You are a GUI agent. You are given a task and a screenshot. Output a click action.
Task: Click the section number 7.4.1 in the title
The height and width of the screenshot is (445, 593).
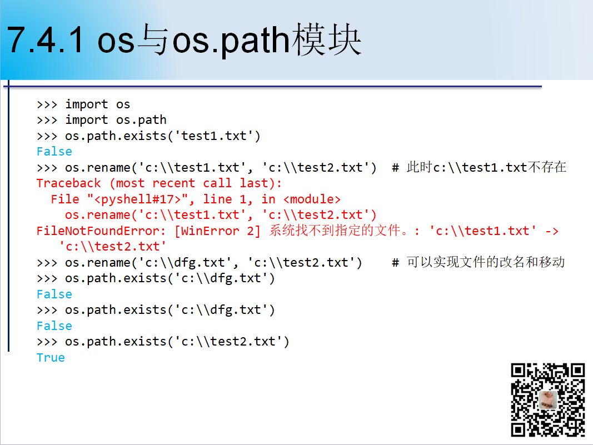[45, 39]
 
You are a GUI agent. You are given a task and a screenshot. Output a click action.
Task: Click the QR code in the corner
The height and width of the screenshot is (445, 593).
[548, 399]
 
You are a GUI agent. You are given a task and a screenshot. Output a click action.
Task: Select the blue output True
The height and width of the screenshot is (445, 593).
[51, 357]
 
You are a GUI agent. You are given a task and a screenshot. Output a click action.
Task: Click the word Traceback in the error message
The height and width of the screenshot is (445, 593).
[69, 183]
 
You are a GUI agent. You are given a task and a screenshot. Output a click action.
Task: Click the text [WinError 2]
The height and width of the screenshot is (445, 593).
[217, 231]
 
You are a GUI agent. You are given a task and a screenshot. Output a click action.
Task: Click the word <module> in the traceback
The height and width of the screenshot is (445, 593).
[312, 199]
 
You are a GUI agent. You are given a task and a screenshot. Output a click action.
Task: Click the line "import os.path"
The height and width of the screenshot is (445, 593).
[102, 120]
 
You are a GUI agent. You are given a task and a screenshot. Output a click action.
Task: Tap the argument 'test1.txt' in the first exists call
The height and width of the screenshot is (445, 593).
[214, 136]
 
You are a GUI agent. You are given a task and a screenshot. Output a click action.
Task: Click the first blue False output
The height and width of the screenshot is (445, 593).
[54, 151]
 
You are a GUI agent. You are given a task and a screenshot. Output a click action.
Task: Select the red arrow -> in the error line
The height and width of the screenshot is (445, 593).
[552, 231]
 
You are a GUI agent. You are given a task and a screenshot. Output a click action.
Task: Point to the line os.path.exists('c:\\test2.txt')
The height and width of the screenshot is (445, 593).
[163, 342]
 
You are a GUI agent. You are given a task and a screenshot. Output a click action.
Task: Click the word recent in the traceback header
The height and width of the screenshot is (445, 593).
[173, 183]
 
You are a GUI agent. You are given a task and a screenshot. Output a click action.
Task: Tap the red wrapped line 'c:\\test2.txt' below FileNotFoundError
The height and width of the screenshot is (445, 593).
[112, 246]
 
